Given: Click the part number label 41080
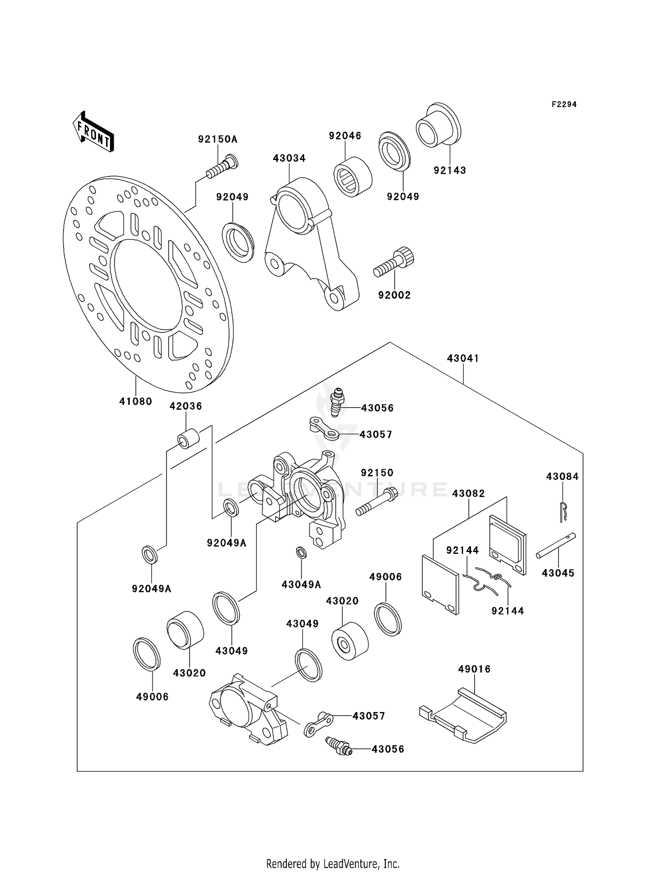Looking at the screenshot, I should [x=136, y=401].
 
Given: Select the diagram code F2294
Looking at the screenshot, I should [x=564, y=104].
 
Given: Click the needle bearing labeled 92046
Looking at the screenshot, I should [x=353, y=176].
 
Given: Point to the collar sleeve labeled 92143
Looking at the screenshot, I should [x=438, y=126].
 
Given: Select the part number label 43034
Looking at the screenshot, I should [x=289, y=158].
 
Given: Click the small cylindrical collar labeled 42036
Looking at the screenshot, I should [x=189, y=439].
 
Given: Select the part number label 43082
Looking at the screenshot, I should [x=468, y=493].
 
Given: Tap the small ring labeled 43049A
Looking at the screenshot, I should [x=301, y=552].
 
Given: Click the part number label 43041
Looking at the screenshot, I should [x=463, y=358].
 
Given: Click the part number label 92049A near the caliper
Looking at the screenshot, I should [x=226, y=543].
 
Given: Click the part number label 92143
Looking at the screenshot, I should [x=450, y=170].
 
